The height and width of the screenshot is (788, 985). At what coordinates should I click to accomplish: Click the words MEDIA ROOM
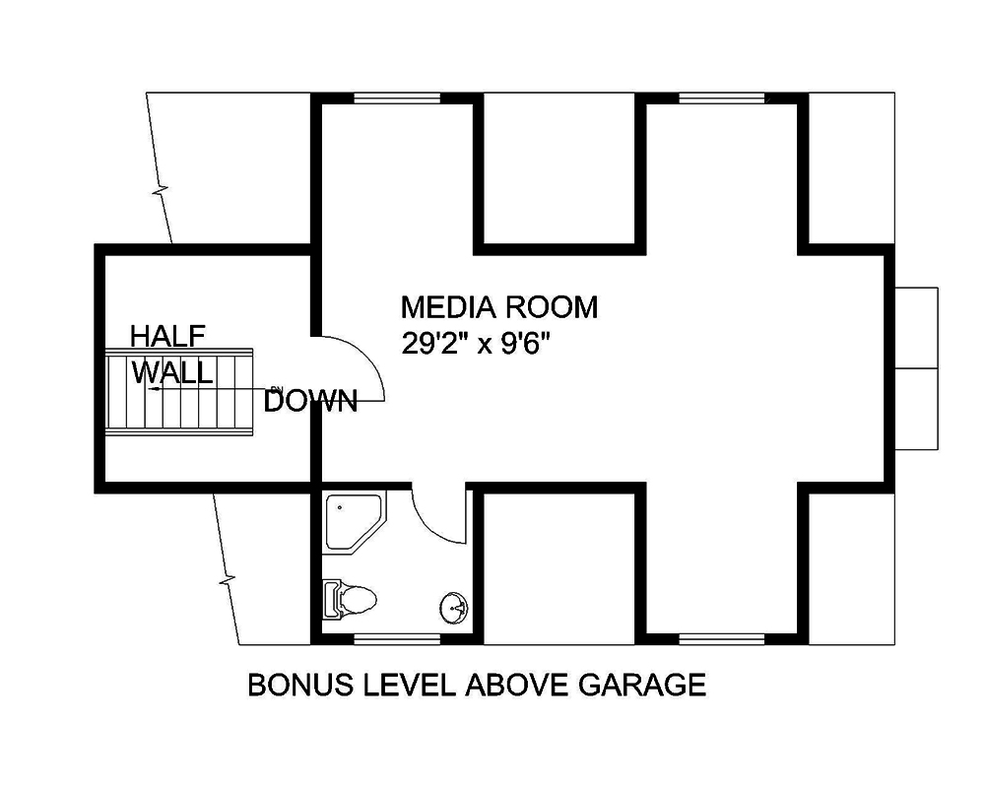pyautogui.click(x=498, y=308)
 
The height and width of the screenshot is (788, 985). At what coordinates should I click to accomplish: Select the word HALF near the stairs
pyautogui.click(x=168, y=337)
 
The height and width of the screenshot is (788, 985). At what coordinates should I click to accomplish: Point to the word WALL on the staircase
pyautogui.click(x=172, y=373)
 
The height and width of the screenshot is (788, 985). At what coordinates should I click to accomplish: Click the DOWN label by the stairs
pyautogui.click(x=310, y=402)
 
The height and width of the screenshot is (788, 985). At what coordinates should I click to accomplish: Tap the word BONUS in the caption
pyautogui.click(x=290, y=685)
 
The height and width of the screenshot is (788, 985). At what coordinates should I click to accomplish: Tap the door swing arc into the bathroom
pyautogui.click(x=436, y=516)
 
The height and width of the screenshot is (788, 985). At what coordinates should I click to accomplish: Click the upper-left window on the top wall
pyautogui.click(x=397, y=97)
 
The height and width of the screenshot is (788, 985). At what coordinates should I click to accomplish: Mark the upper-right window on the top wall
pyautogui.click(x=722, y=97)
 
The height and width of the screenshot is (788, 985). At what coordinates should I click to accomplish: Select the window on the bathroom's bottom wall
pyautogui.click(x=397, y=639)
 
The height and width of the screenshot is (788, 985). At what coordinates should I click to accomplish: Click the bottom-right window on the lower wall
pyautogui.click(x=722, y=639)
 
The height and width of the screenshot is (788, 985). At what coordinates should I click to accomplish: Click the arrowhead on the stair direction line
pyautogui.click(x=154, y=390)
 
